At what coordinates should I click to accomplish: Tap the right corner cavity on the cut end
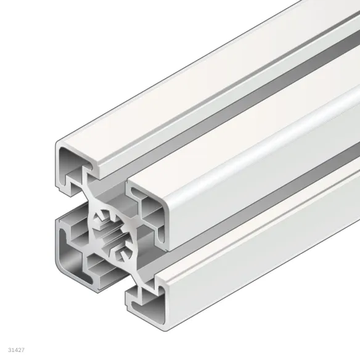(152, 213)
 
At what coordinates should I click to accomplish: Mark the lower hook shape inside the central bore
(121, 252)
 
